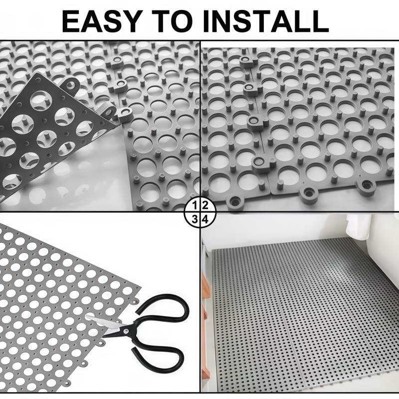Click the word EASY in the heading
(101, 21)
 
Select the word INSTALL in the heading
(266, 21)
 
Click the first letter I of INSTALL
(206, 21)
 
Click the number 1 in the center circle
(195, 205)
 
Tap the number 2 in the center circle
(205, 205)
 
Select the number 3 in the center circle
(195, 219)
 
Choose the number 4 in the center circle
(205, 219)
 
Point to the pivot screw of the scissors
(126, 331)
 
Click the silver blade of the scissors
(104, 321)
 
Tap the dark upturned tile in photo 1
(51, 135)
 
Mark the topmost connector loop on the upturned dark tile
(70, 82)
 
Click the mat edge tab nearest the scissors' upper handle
(135, 302)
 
